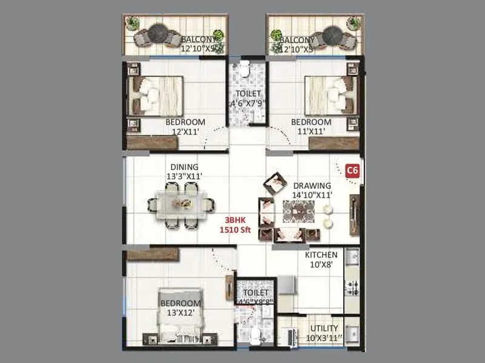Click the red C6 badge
click(352, 170)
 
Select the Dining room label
click(184, 171)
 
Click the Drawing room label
click(312, 190)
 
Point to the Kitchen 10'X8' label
click(321, 259)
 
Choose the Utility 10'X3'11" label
click(321, 332)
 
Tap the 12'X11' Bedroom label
click(186, 126)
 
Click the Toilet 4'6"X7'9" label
click(246, 99)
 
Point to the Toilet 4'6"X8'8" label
click(254, 296)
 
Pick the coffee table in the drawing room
click(298, 212)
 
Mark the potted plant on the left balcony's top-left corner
click(132, 22)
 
